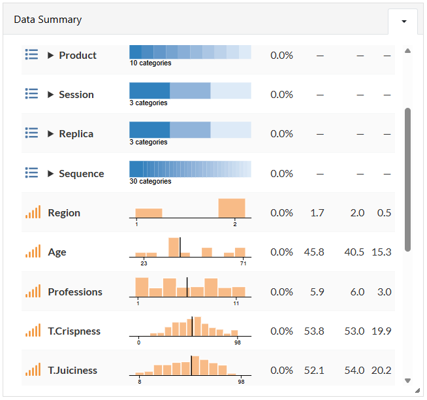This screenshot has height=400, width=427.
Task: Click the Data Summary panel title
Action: click(48, 20)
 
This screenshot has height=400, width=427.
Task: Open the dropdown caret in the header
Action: click(404, 22)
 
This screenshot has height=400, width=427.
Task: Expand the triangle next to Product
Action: click(50, 56)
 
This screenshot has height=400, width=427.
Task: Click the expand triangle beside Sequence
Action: click(50, 174)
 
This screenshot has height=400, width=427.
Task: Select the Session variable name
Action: click(76, 95)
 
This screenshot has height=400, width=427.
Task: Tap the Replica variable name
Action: click(76, 134)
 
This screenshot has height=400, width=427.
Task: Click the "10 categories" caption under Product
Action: click(150, 63)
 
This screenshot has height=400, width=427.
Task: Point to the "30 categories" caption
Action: click(150, 181)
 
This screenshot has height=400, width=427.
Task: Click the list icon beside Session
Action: click(31, 93)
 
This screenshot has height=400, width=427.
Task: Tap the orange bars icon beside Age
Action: click(33, 251)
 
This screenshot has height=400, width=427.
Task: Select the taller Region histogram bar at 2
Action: click(232, 208)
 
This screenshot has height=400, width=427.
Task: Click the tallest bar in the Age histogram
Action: click(174, 247)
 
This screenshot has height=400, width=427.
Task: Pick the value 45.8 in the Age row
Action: click(314, 252)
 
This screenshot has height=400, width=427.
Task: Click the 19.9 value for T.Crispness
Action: click(381, 331)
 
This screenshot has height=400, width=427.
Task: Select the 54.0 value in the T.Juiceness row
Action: click(355, 371)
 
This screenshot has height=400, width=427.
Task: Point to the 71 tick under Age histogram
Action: click(243, 263)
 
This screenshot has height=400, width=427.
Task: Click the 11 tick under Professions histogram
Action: click(236, 303)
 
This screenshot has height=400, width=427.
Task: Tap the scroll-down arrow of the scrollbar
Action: click(407, 380)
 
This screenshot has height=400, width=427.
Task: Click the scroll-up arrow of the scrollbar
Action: click(407, 51)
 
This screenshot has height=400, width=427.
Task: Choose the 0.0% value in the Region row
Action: click(281, 213)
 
